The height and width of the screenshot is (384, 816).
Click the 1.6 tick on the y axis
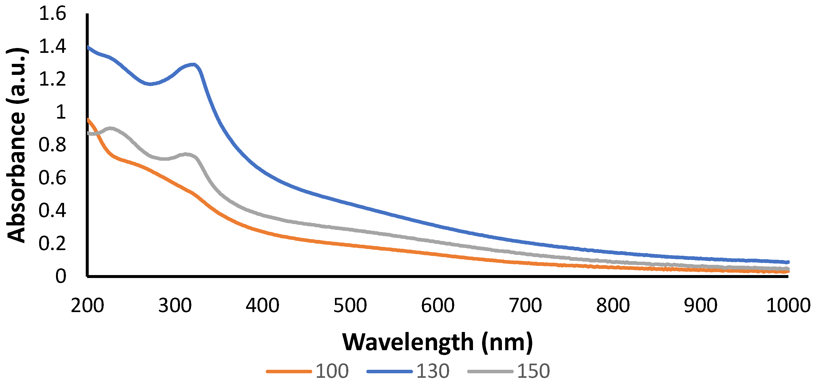point(52,14)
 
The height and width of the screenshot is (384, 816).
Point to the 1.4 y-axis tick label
point(52,47)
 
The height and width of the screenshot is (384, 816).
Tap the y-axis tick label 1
point(61,112)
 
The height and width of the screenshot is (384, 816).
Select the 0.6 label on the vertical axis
point(52,178)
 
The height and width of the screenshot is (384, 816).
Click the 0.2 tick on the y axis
point(52,243)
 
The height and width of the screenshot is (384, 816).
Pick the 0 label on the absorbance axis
point(61,276)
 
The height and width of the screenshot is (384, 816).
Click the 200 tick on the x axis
point(87,306)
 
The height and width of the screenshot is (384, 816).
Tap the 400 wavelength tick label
point(263,306)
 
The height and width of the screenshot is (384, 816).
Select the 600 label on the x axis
point(438,306)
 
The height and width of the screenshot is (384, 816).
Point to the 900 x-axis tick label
point(701,306)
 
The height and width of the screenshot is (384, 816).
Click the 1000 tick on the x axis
point(788,306)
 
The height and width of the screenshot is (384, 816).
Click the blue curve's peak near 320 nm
point(193,64)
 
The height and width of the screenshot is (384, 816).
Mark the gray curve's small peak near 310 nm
point(186,154)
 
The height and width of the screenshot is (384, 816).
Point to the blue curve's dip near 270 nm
point(150,84)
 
